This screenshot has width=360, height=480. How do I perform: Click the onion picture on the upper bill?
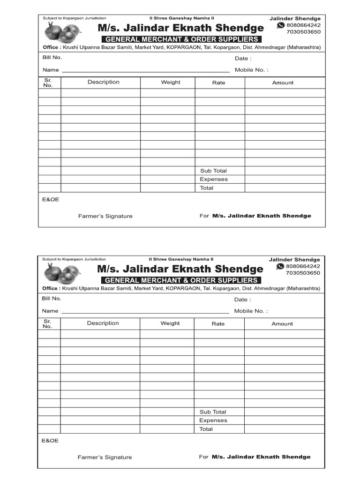click(62, 33)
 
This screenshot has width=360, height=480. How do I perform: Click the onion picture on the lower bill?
click(62, 273)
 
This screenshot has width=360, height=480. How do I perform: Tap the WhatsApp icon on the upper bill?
click(281, 25)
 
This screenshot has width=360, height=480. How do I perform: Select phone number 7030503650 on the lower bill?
click(303, 273)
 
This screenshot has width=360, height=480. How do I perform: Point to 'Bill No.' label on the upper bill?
click(52, 58)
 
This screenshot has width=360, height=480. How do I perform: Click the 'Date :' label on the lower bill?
click(242, 300)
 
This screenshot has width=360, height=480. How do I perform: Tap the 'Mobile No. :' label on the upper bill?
click(252, 70)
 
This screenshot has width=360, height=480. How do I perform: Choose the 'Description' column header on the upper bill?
click(103, 82)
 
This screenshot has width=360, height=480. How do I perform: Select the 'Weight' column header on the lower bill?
click(170, 323)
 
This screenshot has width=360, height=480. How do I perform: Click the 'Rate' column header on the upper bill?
click(218, 82)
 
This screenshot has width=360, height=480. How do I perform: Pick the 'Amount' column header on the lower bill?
click(282, 323)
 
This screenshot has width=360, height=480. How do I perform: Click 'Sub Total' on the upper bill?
click(213, 171)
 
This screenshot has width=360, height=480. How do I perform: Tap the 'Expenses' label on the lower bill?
click(213, 420)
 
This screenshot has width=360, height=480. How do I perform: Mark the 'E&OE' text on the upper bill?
click(51, 200)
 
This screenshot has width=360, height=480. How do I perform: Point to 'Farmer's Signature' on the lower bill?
click(105, 457)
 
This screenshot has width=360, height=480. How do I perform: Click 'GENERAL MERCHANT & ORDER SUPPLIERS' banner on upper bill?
click(181, 39)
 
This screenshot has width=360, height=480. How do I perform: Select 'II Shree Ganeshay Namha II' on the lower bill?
click(181, 259)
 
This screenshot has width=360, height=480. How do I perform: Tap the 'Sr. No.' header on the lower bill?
click(47, 323)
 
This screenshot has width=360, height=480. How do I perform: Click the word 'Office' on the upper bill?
click(51, 47)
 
